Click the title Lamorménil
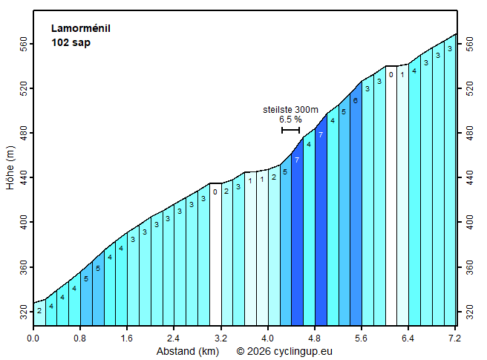[80, 29]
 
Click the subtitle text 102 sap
[71, 42]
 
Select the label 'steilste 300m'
[290, 109]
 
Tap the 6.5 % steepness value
[290, 119]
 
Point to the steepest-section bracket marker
[290, 131]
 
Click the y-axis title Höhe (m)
[11, 167]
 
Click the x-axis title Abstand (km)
[186, 350]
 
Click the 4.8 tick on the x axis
[315, 338]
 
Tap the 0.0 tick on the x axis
[33, 338]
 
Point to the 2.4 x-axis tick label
[174, 338]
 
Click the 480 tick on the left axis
[23, 134]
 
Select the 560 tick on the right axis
[469, 45]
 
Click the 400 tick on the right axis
[469, 222]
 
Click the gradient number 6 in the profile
[356, 101]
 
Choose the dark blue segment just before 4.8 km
[321, 223]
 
